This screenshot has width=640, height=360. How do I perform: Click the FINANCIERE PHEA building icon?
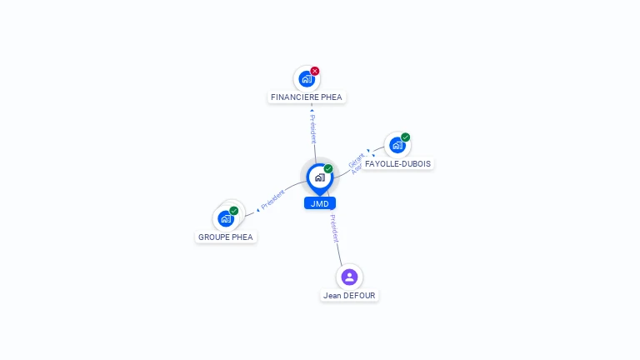click(x=307, y=79)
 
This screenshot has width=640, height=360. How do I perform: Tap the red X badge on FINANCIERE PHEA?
click(x=315, y=71)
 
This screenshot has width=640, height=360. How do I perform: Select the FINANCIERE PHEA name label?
click(x=307, y=97)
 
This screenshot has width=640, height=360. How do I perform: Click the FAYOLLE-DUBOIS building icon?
click(x=397, y=145)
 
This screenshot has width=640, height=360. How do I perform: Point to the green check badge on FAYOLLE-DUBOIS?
click(x=406, y=137)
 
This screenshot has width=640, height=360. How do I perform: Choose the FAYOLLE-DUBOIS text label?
click(x=398, y=164)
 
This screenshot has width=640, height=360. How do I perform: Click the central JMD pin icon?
click(x=319, y=177)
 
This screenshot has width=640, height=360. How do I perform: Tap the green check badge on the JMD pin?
click(x=328, y=168)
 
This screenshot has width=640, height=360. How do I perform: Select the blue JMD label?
click(x=319, y=203)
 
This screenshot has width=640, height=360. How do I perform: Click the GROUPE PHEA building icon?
click(x=226, y=218)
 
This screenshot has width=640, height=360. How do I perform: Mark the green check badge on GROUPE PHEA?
click(x=234, y=210)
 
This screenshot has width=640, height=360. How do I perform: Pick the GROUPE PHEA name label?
click(x=226, y=237)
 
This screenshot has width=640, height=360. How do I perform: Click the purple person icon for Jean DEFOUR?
click(x=349, y=277)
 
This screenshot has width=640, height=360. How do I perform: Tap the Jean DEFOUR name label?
click(x=350, y=295)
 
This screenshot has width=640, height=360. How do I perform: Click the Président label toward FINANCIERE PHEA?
click(x=312, y=129)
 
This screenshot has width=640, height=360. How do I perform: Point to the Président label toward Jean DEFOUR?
click(x=334, y=228)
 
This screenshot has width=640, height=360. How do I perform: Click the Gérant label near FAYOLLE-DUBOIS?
click(x=356, y=160)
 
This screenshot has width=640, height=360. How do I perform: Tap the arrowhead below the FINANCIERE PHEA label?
click(x=312, y=109)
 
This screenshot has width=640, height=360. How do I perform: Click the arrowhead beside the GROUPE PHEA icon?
click(x=257, y=209)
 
